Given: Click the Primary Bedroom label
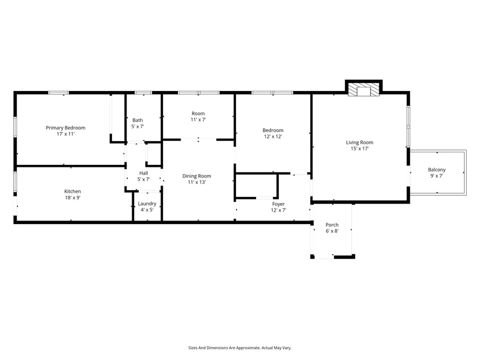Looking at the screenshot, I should tap(66, 128).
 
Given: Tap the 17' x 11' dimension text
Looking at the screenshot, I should tap(66, 134).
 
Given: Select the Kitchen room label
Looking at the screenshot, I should tap(72, 191).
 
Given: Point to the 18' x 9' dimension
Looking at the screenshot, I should tap(72, 197).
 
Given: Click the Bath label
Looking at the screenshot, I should tap(137, 120).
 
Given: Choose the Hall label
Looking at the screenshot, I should tap(143, 173).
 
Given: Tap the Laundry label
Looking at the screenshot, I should tap(147, 204).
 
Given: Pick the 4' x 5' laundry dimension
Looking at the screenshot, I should tap(147, 210).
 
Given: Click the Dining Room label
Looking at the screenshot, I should tap(197, 176).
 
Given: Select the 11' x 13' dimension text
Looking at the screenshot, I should tap(197, 182).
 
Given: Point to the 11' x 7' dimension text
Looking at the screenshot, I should tap(198, 120).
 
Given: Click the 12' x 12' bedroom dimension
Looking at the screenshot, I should tap(273, 136).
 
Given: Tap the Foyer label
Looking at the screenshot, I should tap(279, 204).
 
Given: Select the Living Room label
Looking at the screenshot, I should tap(360, 143).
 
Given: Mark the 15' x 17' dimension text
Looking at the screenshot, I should tap(360, 149).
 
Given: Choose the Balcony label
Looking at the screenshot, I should tap(437, 169).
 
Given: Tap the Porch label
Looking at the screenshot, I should tap(332, 225).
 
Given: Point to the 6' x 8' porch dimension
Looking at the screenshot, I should tap(332, 231).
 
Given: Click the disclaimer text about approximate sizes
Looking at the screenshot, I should tap(240, 348).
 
